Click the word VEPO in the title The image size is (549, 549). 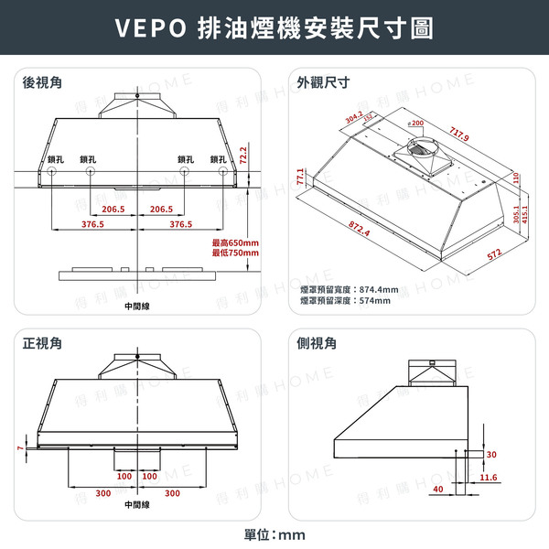coord(150,27)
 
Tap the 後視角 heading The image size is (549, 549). coord(43,83)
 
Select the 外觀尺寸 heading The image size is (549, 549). coord(324,83)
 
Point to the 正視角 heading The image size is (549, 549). coord(43,344)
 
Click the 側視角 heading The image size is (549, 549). coord(318,344)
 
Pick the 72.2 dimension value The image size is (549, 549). coord(244,156)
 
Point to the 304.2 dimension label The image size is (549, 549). coord(354,118)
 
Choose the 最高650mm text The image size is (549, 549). coord(236,242)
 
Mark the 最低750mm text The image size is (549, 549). coord(236,253)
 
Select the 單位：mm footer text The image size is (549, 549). coord(274,534)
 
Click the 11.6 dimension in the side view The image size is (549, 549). coord(489,478)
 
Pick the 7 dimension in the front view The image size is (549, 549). coord(19,448)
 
